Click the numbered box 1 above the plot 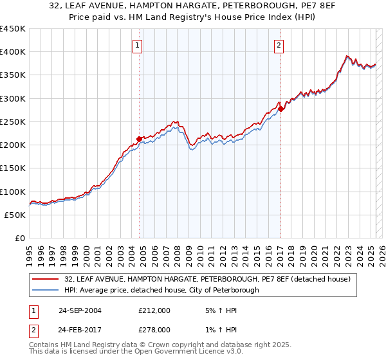pos(138,45)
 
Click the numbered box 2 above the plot pos(279,45)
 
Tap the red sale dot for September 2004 pos(139,139)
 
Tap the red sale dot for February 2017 pos(281,109)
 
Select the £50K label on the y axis pos(15,215)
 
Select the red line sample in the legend pos(46,279)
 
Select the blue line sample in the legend pos(46,290)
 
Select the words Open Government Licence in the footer pos(183,353)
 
